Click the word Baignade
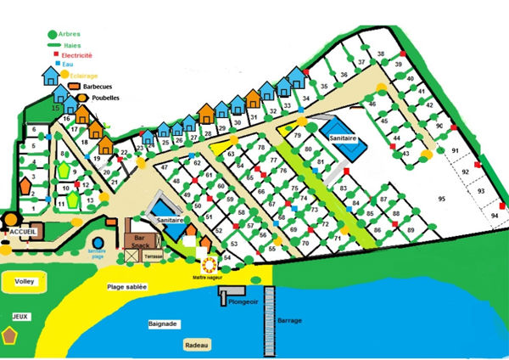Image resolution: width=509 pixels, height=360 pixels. coord(162,323)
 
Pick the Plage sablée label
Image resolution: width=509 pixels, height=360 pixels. coord(127,288)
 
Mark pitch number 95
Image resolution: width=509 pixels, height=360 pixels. coord(441,199)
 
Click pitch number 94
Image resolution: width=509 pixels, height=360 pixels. coord(495,217)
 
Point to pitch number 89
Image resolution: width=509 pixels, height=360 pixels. coord(411,230)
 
